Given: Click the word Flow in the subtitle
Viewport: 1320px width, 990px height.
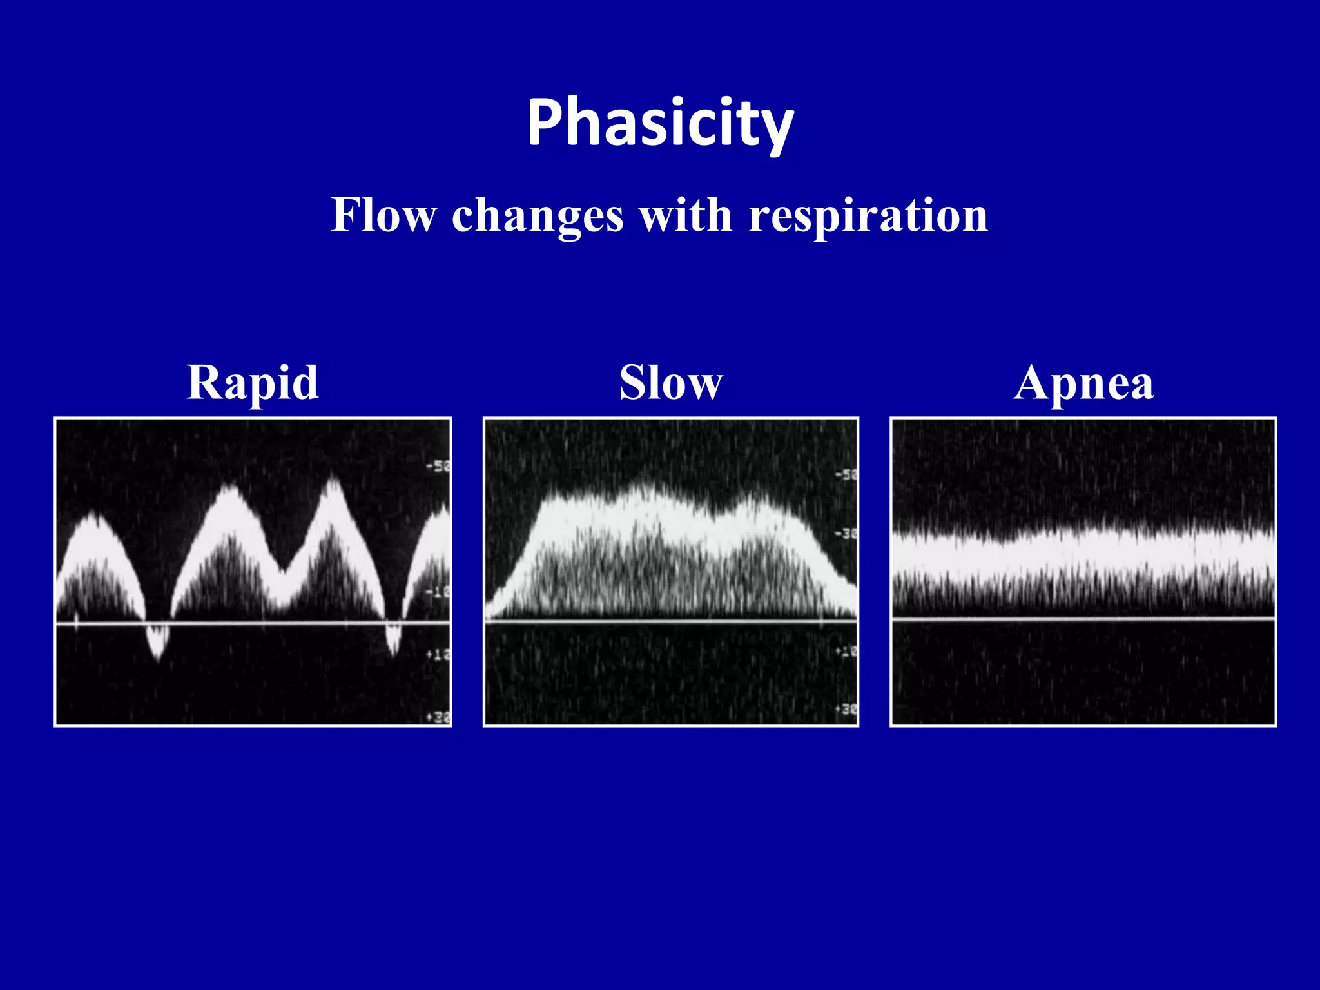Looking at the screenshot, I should coord(383,215).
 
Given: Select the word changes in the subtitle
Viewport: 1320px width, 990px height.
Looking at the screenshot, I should coord(538,215).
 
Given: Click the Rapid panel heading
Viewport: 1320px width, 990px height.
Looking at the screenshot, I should coord(253,382).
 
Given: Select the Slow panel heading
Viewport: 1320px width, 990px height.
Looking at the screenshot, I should coord(671,382).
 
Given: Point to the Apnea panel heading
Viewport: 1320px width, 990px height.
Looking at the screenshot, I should coord(1083,382).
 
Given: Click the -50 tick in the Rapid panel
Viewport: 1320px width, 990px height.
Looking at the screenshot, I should coord(439,466).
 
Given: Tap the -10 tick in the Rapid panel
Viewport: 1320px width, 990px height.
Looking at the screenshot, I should coord(439,592).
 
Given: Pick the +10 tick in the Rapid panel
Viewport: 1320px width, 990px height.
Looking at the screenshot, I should coord(439,655).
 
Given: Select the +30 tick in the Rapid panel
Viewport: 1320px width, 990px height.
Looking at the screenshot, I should coord(439,717).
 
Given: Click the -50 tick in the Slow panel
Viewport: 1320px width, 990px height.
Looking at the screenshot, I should coord(846,475).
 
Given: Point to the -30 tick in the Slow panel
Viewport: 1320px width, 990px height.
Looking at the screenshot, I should coord(846,534).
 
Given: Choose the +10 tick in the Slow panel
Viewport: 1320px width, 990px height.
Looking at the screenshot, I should coord(846,652).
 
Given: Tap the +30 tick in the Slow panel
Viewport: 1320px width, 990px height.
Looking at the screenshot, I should coord(846,709).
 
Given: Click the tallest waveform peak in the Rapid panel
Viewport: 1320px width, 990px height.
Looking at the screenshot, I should coord(333,482).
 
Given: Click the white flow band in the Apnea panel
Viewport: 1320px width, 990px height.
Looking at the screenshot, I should coord(1083,553).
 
